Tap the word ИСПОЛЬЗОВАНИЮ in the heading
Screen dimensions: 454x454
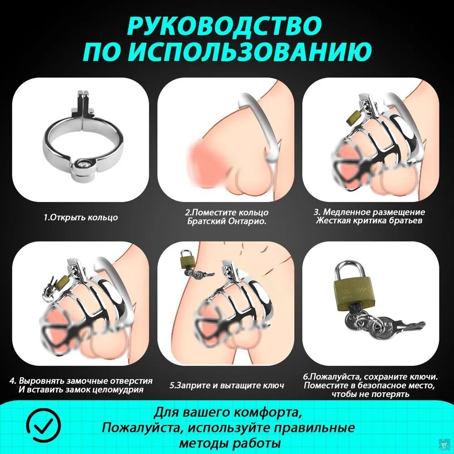(265, 52)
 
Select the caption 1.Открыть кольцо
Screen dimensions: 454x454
(81, 217)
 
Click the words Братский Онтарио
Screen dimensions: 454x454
(227, 221)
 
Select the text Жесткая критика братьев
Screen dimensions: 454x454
(370, 221)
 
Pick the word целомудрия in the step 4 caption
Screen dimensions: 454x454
(118, 390)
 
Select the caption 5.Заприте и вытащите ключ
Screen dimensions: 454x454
(227, 385)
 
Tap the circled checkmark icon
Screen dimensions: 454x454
(43, 425)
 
